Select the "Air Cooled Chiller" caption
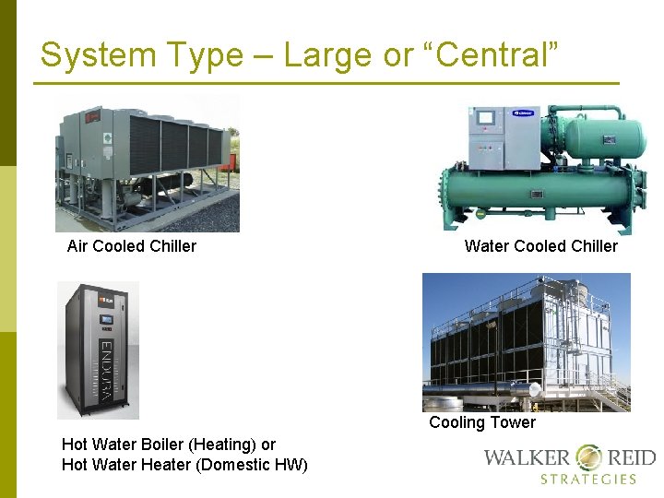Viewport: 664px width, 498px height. (x=132, y=246)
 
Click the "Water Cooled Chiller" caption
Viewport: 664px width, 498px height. (x=541, y=246)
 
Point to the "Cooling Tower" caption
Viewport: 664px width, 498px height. (x=482, y=422)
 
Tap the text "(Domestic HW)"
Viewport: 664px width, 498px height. (x=252, y=465)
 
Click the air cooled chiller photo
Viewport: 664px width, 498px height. (x=148, y=163)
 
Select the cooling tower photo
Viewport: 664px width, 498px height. (x=526, y=342)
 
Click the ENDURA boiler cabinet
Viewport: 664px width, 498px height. (x=99, y=350)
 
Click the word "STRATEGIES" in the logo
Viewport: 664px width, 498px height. (x=588, y=480)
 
